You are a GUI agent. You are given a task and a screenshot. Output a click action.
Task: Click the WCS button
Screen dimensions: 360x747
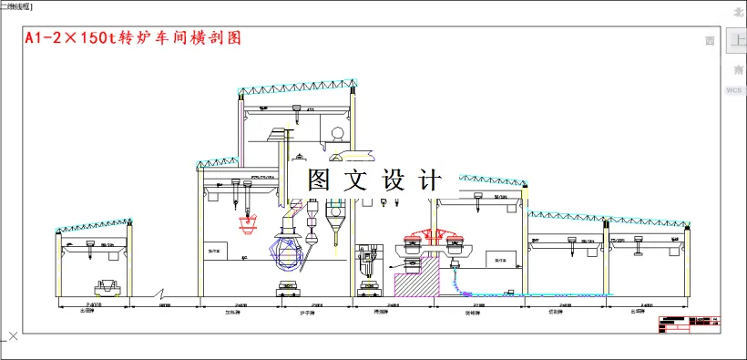click(734, 91)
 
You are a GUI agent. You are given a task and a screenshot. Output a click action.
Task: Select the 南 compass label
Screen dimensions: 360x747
click(737, 70)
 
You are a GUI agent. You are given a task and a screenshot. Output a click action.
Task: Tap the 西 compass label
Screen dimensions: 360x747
click(711, 41)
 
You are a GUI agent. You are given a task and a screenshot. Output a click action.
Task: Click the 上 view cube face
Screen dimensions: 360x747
click(736, 41)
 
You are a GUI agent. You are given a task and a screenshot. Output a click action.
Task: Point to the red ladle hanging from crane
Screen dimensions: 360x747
click(248, 221)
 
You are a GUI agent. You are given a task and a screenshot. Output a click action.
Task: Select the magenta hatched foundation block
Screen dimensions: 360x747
click(414, 283)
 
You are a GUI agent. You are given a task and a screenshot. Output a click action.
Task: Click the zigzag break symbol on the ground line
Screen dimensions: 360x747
click(161, 295)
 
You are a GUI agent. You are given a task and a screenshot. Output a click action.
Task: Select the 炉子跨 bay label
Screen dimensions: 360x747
click(307, 312)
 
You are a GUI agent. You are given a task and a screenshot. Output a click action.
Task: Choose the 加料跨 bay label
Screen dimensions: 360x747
click(240, 312)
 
